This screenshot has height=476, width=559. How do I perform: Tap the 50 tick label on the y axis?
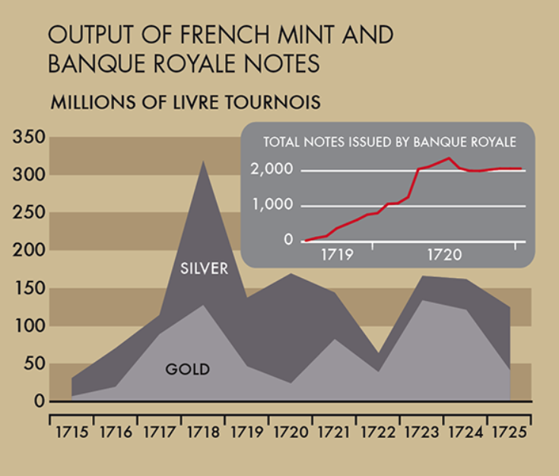tap(34, 363)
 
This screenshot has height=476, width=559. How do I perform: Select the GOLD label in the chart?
tap(187, 370)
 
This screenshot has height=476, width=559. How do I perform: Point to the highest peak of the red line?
tap(449, 158)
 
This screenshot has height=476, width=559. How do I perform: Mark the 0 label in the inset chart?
tap(288, 240)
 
